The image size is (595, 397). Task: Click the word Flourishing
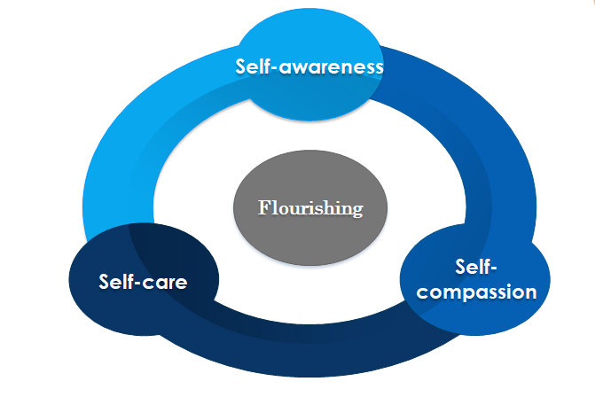click(310, 208)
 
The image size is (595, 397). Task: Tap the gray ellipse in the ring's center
click(310, 232)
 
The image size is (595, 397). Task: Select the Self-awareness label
click(309, 66)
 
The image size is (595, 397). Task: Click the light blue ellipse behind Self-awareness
click(309, 93)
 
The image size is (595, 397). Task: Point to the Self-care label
click(144, 284)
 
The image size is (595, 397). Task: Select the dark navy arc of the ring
click(293, 354)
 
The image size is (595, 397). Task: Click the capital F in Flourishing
click(262, 208)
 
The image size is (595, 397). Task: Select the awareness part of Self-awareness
click(329, 67)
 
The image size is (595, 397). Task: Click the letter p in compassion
click(473, 292)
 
